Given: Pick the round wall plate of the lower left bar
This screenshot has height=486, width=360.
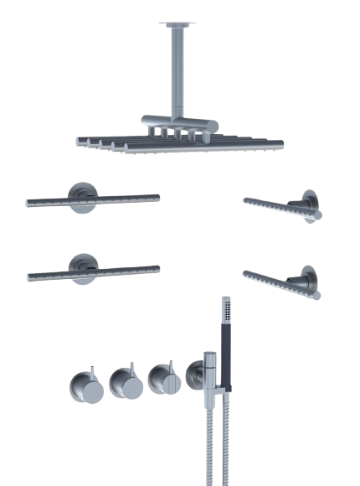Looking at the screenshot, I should pos(84,268).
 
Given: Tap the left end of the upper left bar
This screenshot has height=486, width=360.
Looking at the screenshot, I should pos(29,202).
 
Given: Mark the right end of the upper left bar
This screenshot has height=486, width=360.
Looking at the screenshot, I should pos(157,196).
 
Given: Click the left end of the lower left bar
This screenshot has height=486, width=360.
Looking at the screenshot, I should pos(31,276).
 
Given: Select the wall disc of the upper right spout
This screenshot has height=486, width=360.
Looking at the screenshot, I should pos(310,207).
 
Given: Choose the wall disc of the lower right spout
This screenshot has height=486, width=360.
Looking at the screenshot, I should pos(309,282).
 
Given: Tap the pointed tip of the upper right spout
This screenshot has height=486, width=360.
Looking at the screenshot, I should pos(245,199).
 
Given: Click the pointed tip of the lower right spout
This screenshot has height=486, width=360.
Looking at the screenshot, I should pos(245,272).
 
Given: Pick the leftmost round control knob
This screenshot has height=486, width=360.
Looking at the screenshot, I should pos(86,386).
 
